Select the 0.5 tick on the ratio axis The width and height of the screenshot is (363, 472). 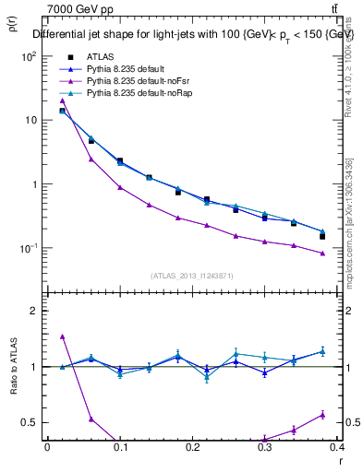[x=31, y=422]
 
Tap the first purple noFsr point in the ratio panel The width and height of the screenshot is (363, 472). [x=62, y=336]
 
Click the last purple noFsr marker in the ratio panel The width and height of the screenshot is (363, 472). [x=322, y=414]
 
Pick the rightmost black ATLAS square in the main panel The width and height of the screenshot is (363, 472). [x=322, y=236]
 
